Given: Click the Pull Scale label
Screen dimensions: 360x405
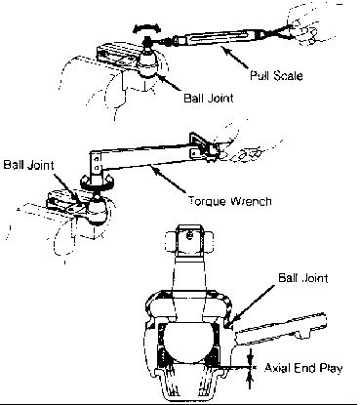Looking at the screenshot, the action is click(276, 75).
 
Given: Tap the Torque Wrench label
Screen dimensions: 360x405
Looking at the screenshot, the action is click(230, 201).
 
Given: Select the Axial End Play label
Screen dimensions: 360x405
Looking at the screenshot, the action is click(303, 368).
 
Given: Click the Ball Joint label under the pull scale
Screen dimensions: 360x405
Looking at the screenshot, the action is click(209, 98).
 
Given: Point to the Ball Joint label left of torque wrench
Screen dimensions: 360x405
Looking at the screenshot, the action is click(28, 165).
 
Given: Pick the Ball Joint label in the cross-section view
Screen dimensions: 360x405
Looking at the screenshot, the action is click(303, 278).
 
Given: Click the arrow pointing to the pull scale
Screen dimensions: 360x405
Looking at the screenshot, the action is click(234, 58).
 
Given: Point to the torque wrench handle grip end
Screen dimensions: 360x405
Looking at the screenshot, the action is click(202, 146).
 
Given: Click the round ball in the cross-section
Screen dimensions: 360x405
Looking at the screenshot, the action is click(189, 344).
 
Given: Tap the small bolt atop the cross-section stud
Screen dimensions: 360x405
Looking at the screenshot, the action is click(190, 234).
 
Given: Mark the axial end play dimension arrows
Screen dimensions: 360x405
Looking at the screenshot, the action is click(250, 368).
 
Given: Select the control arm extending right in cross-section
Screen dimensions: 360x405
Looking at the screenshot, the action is click(280, 329).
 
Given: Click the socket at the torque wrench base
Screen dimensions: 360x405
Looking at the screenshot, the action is click(97, 182).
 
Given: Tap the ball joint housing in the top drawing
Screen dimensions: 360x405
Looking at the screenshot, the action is click(147, 63).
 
